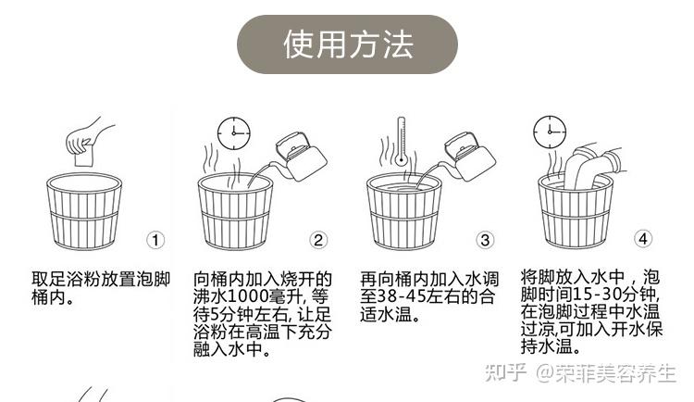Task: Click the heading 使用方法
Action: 348,44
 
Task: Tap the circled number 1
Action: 155,241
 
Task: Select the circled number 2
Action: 318,240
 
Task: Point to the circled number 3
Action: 485,240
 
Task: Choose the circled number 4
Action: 643,239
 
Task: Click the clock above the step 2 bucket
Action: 234,133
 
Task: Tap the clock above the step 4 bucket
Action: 550,132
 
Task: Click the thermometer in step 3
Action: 401,141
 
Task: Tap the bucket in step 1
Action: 84,211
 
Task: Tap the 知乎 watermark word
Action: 505,373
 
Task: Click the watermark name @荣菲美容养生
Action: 606,373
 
